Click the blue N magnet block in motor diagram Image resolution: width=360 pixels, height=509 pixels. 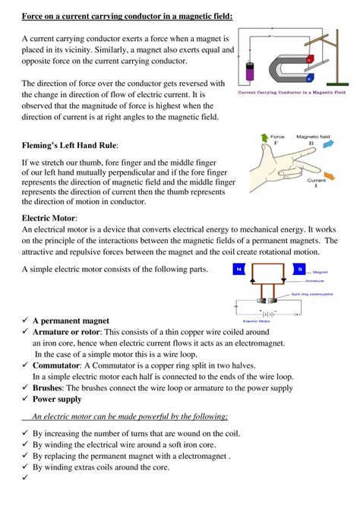coord(240,269)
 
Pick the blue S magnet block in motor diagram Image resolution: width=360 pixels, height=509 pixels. coord(300,269)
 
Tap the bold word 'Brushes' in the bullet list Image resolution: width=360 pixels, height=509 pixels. coord(51,387)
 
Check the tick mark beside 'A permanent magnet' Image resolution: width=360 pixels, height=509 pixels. coord(24,321)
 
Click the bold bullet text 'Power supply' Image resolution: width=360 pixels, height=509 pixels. coord(57,399)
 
